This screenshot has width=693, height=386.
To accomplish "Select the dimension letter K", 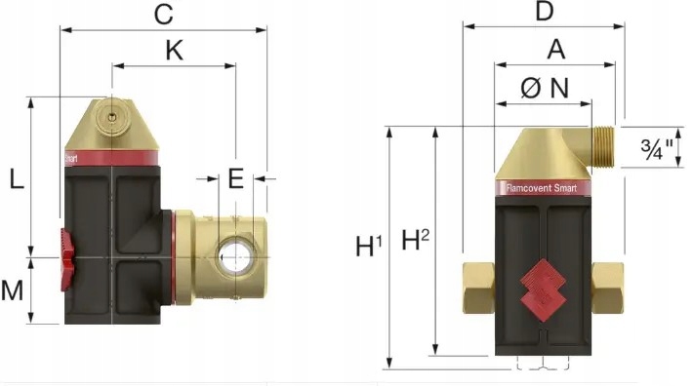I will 173,52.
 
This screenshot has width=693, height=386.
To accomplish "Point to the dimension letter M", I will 13,289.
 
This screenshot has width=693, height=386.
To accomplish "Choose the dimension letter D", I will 545,12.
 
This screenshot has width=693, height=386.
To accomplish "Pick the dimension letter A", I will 555,50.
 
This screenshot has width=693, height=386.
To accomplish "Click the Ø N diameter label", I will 545,88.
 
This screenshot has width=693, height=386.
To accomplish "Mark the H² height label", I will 417,240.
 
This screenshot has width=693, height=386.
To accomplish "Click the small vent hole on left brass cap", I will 113,116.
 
